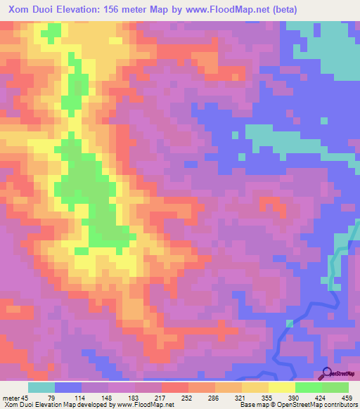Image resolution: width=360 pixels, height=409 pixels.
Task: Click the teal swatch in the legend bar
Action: pos(41,388)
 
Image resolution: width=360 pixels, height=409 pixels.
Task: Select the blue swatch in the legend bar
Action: pos(68,388)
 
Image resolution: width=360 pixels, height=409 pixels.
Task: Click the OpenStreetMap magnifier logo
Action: pos(327,373)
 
